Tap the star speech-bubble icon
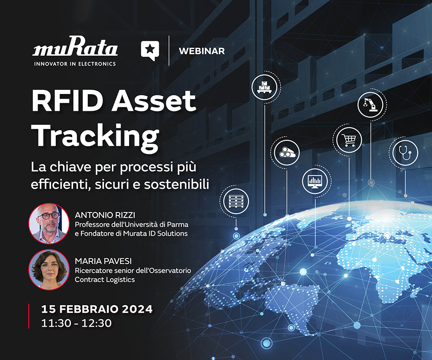tap(150, 50)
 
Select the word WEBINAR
tap(202, 51)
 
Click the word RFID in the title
tap(70, 101)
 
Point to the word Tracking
tap(95, 136)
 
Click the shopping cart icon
tap(348, 140)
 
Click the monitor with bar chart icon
tap(315, 181)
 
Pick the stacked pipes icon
tap(287, 153)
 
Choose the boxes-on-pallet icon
tap(264, 87)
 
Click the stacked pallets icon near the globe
tap(236, 201)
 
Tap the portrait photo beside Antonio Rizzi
tap(49, 223)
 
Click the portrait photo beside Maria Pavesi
tap(49, 269)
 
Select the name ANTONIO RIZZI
tap(105, 215)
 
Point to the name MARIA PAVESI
tap(103, 261)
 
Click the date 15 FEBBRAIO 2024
tap(97, 309)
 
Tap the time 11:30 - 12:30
tap(76, 323)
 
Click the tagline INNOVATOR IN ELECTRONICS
tap(75, 64)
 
